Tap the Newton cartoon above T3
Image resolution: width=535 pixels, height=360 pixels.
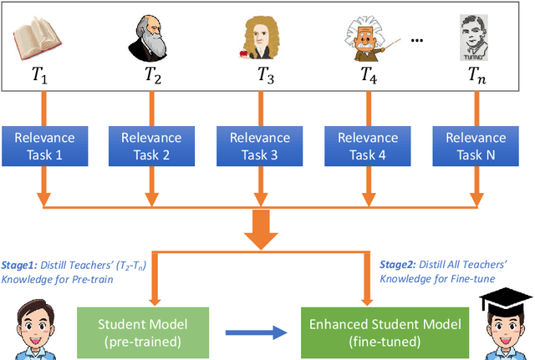coord(259,38)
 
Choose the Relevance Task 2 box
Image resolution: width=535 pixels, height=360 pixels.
coord(150,145)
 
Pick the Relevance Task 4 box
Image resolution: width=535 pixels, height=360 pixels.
coord(369,145)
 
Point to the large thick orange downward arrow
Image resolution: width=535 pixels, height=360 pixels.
coord(261,229)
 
